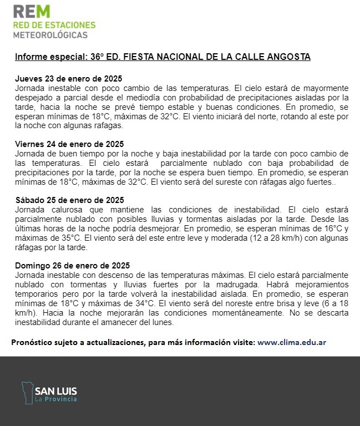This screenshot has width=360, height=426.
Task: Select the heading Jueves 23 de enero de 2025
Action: pyautogui.click(x=68, y=79)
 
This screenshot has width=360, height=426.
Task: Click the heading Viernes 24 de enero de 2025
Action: pyautogui.click(x=69, y=144)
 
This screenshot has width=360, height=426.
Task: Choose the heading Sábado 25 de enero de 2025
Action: pyautogui.click(x=69, y=200)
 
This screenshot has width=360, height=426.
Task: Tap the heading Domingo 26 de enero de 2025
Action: pyautogui.click(x=72, y=265)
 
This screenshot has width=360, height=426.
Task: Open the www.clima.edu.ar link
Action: pyautogui.click(x=292, y=342)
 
